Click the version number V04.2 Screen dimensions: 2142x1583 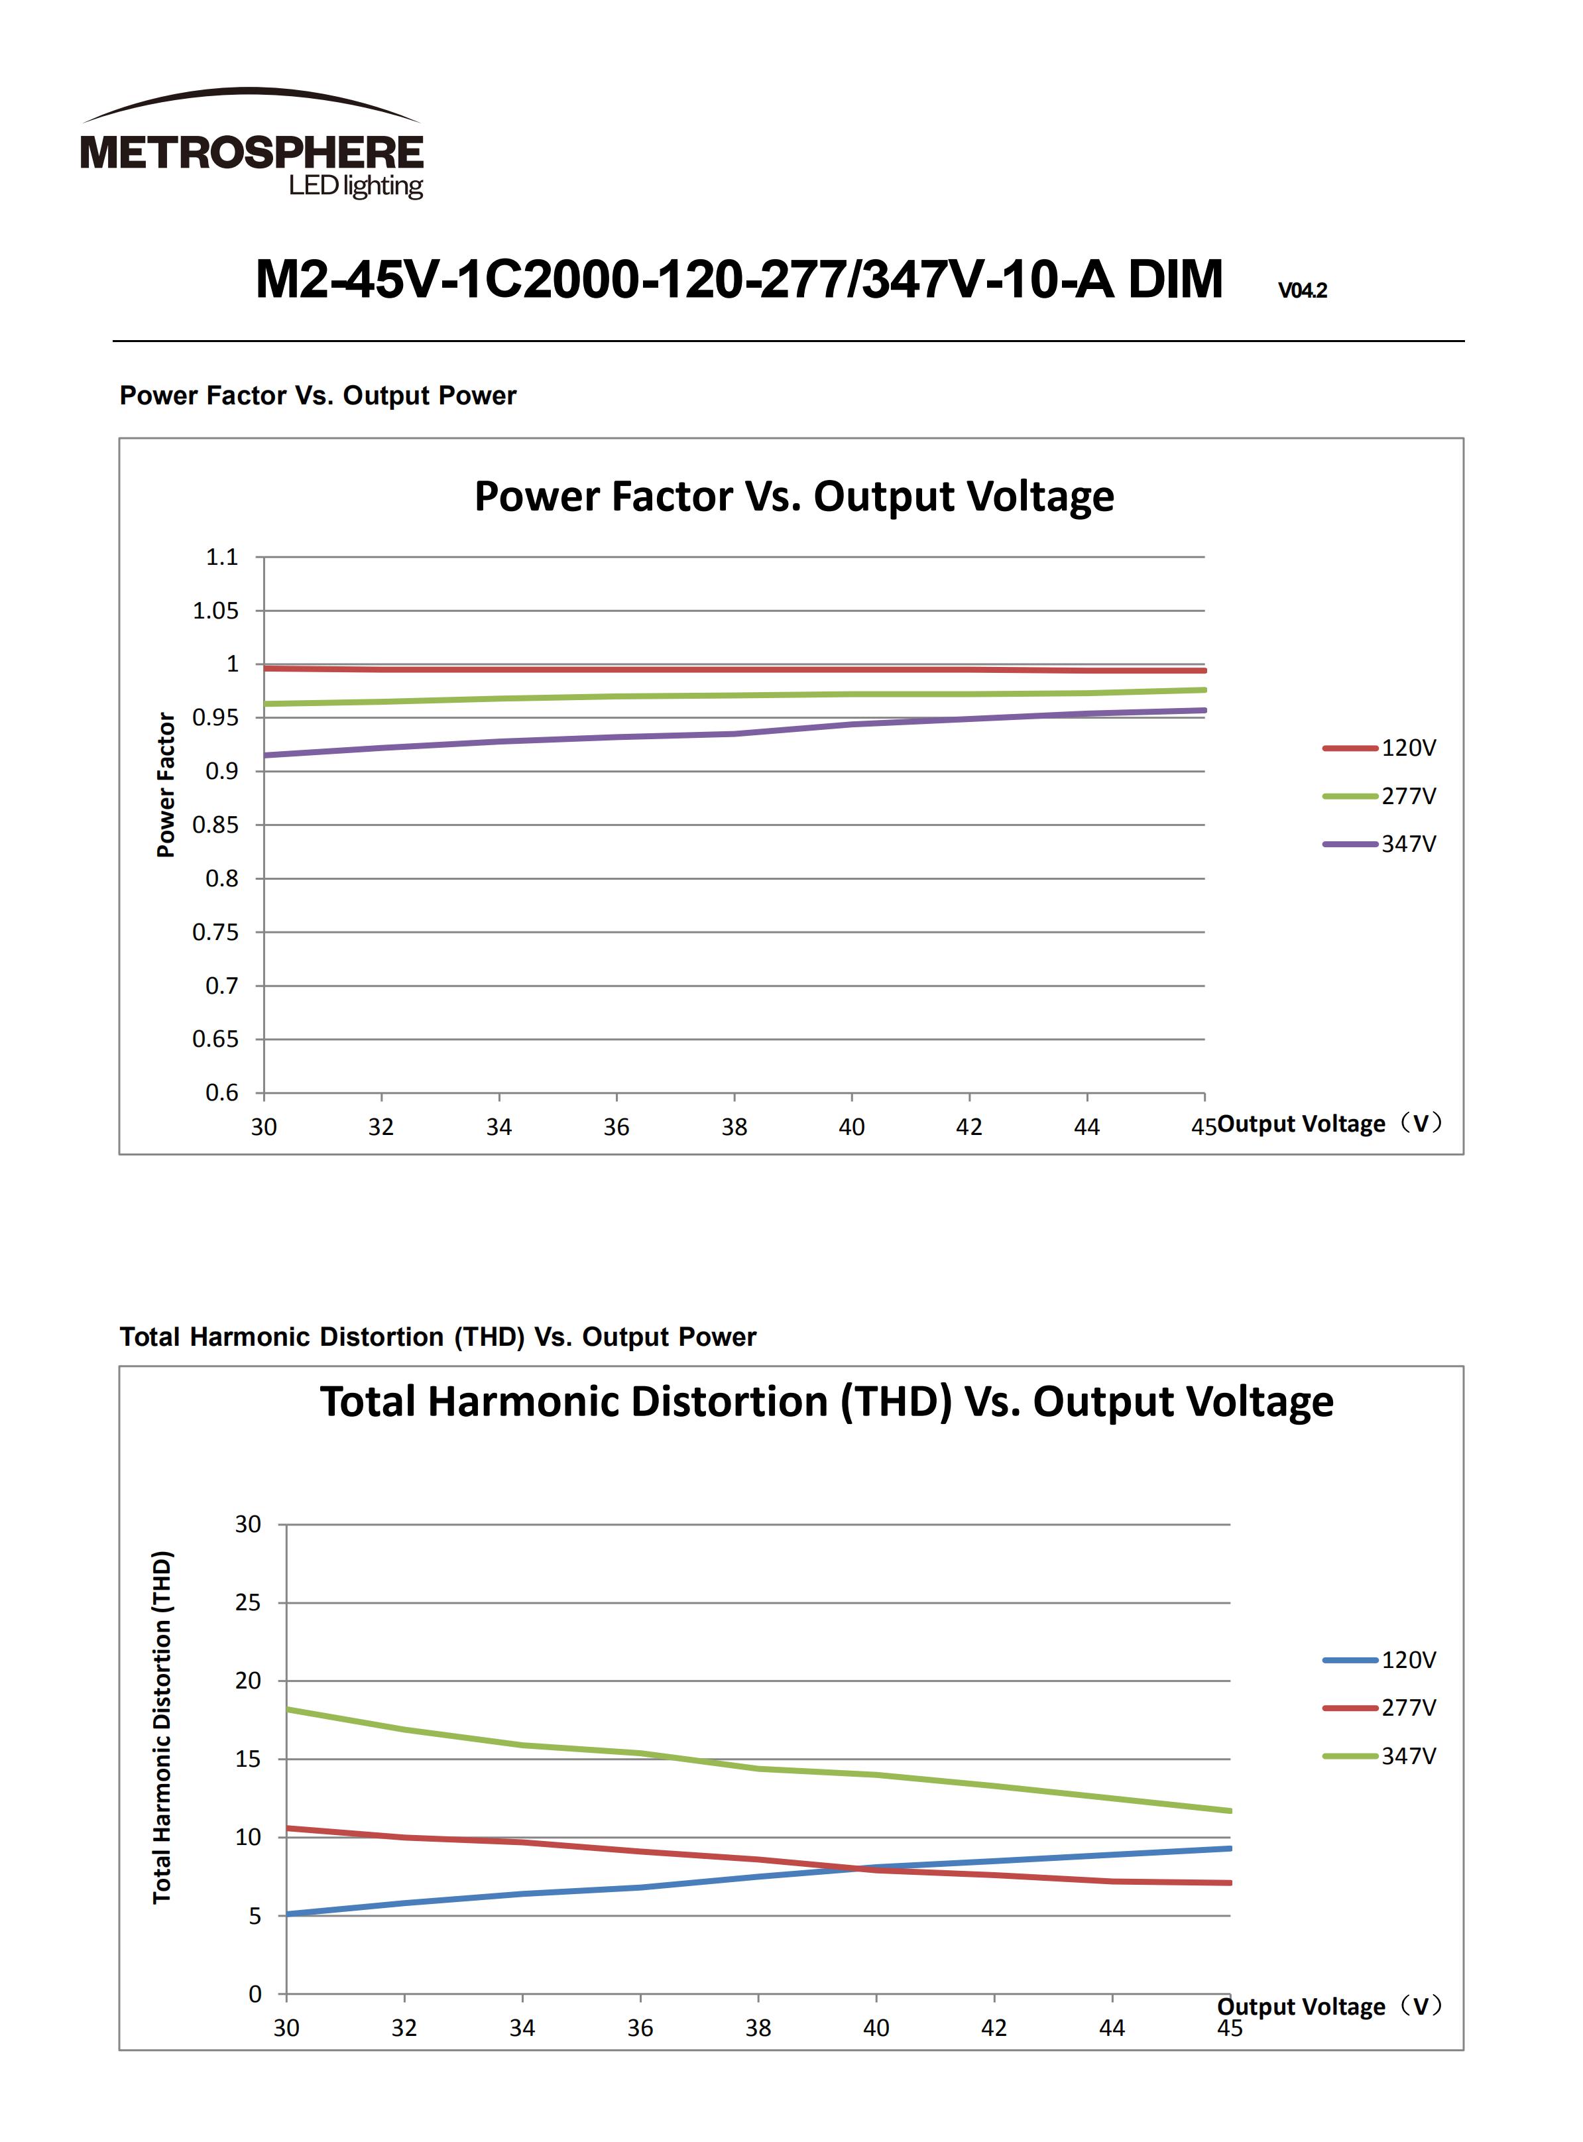pos(1302,290)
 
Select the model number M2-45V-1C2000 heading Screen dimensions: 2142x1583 pos(738,280)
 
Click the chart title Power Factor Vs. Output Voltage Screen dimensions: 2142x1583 pos(793,497)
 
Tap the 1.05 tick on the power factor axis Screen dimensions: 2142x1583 pos(215,611)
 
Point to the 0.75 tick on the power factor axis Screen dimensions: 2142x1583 pos(215,931)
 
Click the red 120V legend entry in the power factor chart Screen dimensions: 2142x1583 pos(1380,748)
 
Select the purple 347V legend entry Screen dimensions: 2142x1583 pos(1380,845)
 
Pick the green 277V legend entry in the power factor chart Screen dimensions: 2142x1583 pos(1380,796)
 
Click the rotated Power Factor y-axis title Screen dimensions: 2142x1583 pos(166,784)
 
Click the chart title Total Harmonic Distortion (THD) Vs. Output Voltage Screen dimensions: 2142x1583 pos(826,1401)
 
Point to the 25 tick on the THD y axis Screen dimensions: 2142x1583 pos(247,1602)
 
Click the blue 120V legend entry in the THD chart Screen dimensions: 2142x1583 pos(1380,1660)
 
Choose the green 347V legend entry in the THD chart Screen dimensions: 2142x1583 pos(1380,1755)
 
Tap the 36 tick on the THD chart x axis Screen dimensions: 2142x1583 pos(640,2028)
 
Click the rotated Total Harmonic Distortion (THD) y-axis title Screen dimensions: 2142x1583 pos(162,1727)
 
